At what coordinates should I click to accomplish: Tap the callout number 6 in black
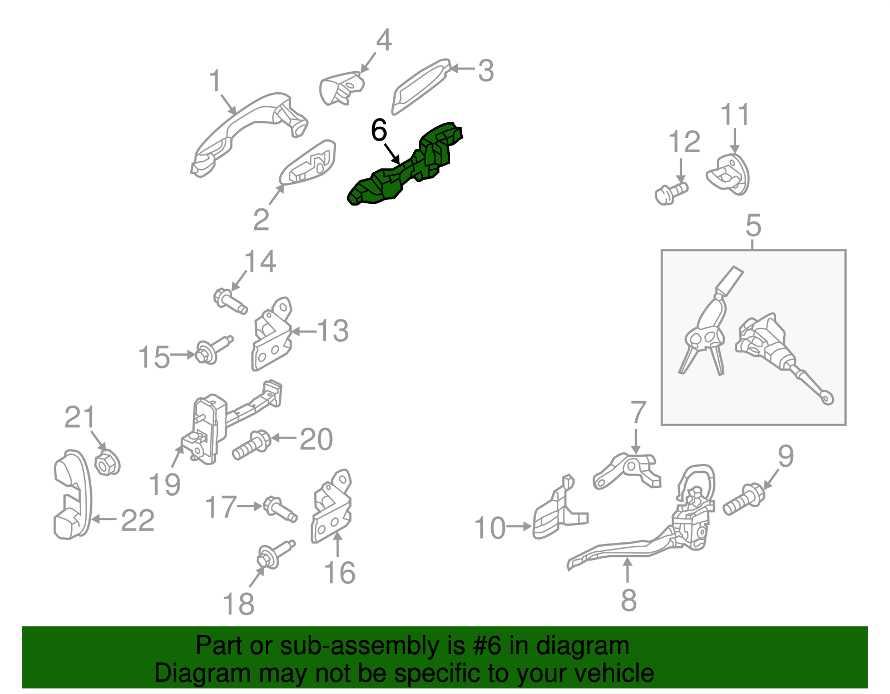point(379,130)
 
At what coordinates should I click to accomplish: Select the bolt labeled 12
point(671,193)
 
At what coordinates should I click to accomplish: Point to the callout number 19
point(165,485)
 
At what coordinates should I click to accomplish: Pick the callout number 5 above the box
point(753,226)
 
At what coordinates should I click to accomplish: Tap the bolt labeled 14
point(230,301)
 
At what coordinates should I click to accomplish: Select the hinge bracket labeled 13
point(271,334)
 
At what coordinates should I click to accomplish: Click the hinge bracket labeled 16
point(332,506)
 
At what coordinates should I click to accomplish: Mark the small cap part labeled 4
point(342,88)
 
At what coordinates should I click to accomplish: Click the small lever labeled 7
point(627,470)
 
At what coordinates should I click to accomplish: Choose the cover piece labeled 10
point(560,508)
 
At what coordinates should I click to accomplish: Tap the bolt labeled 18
point(275,554)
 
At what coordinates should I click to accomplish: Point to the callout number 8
point(629,600)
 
